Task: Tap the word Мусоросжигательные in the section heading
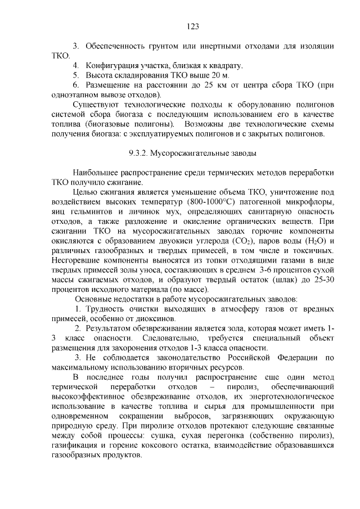(x=191, y=152)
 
